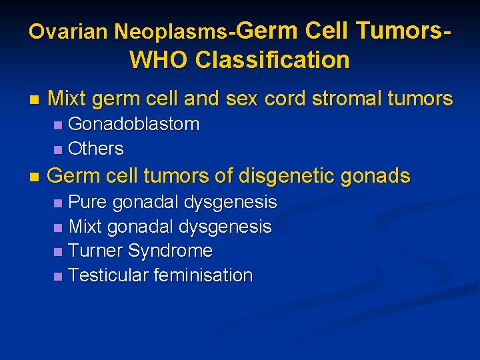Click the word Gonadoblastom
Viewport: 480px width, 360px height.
click(x=133, y=124)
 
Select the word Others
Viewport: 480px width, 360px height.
click(x=96, y=148)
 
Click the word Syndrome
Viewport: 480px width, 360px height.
click(x=170, y=251)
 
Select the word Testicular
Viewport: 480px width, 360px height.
click(x=109, y=275)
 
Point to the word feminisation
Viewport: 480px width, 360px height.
click(x=203, y=275)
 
